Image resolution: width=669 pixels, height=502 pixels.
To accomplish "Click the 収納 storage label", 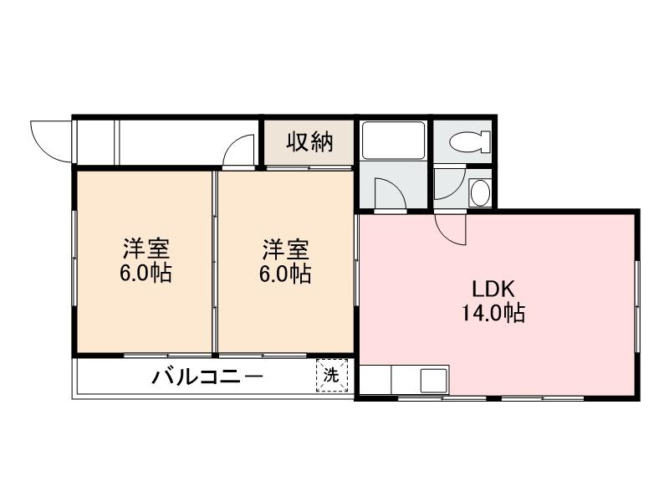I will pos(310,143).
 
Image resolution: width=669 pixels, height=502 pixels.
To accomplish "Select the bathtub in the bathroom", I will pos(393,140).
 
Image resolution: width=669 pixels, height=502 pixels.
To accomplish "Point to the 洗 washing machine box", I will pos(332,376).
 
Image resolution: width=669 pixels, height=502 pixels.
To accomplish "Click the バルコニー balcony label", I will pos(207,376).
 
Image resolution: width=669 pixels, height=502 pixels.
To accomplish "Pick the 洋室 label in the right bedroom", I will pos(286,248).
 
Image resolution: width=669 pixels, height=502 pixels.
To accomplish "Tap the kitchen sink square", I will pos(434,381).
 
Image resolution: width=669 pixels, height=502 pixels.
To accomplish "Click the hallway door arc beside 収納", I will pos(240,152).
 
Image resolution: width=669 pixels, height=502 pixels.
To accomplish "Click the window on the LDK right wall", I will pos(636,305).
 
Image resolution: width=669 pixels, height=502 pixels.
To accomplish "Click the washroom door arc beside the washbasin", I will pos(449,184).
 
